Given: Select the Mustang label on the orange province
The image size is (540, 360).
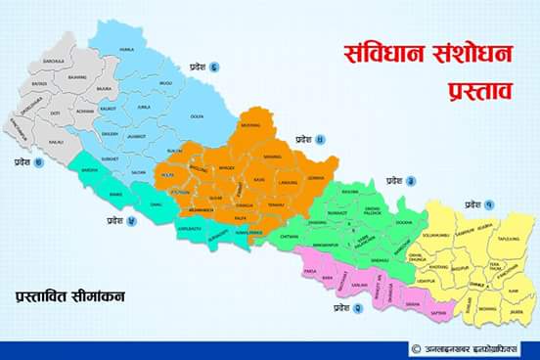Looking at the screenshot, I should [x=251, y=126].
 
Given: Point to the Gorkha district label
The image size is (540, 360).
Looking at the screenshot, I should [x=315, y=179].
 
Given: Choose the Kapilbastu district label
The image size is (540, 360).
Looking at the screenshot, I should [x=192, y=227].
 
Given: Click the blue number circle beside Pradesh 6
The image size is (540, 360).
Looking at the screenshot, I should [x=213, y=67].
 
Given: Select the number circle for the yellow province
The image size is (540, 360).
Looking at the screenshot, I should [x=488, y=204].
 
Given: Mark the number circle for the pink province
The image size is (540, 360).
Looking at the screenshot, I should [x=358, y=307].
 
